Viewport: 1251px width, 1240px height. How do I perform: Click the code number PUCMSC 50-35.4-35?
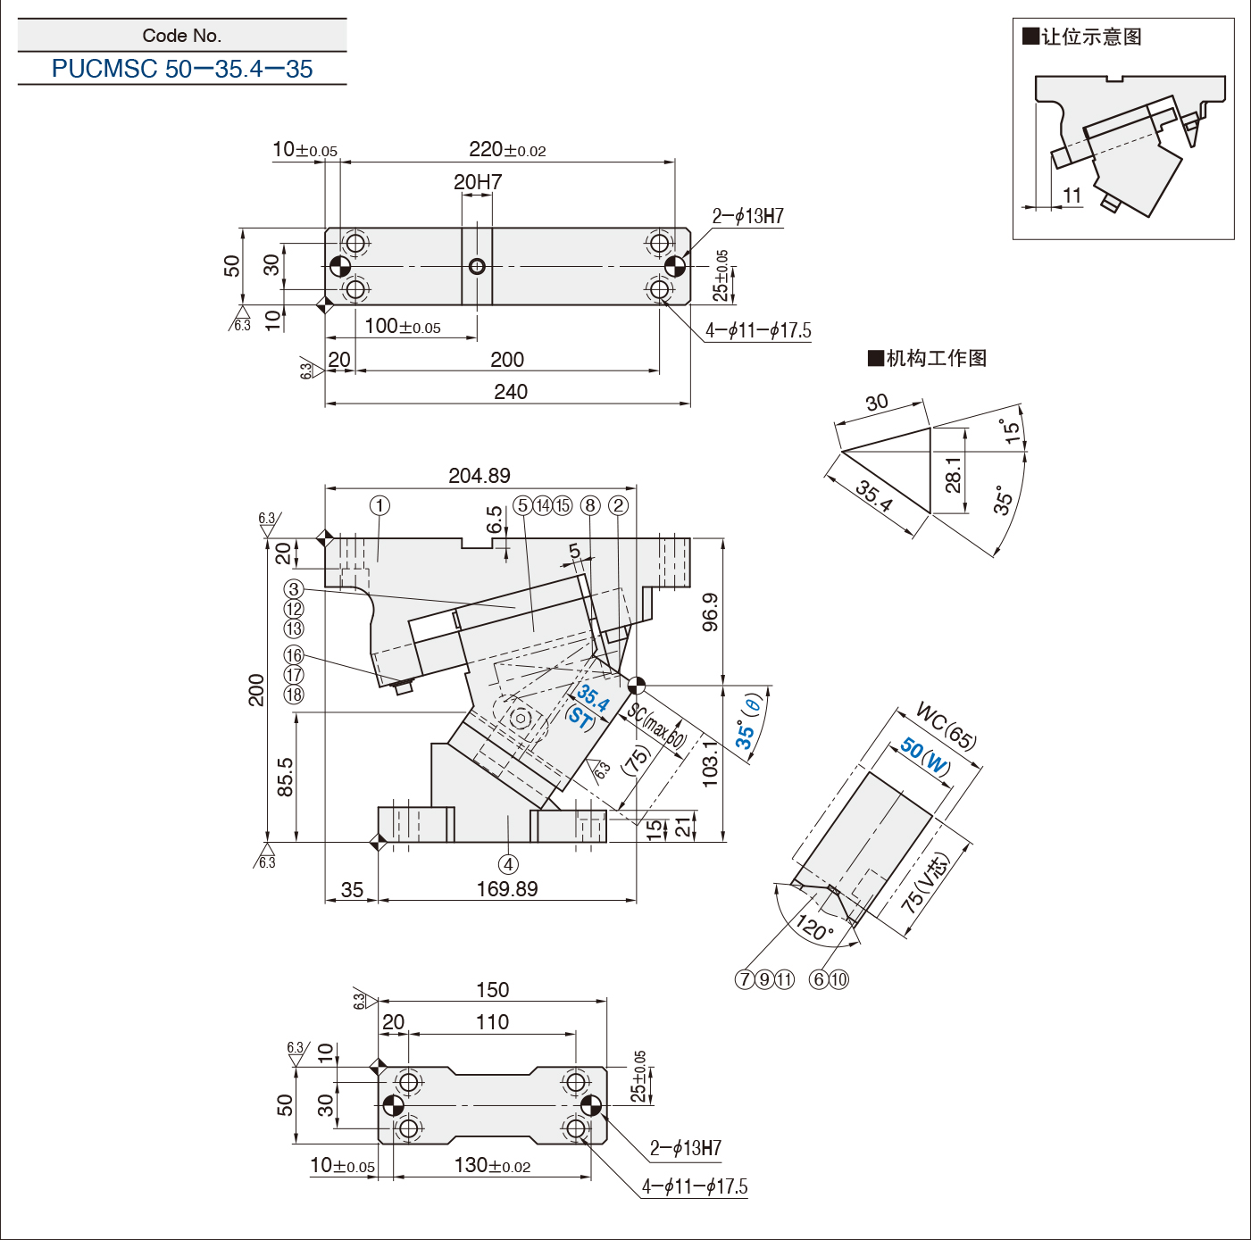point(182,69)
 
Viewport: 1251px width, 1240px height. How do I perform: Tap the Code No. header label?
point(182,36)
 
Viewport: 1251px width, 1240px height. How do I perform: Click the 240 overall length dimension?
point(510,392)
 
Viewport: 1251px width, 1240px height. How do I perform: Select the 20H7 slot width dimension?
point(478,182)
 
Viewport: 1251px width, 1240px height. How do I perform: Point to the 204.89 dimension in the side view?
point(480,476)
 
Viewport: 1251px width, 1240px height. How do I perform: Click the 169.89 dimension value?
point(507,889)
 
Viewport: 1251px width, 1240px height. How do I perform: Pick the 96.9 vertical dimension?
point(710,612)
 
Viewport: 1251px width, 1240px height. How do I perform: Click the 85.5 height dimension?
point(285,777)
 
